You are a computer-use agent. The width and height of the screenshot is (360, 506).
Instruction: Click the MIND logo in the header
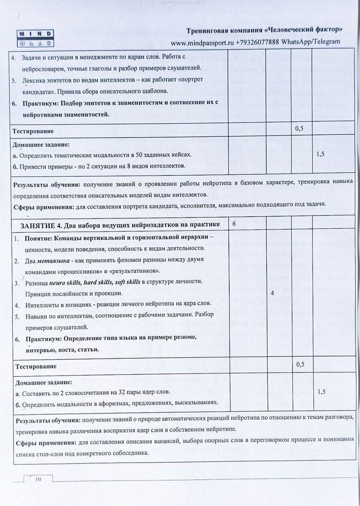coord(35,38)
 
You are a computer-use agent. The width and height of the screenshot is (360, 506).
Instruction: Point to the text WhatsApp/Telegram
coord(311,42)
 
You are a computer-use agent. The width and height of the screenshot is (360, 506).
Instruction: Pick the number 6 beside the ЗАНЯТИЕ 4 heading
coord(234,224)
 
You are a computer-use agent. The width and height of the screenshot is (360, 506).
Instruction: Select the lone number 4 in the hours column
coord(272,293)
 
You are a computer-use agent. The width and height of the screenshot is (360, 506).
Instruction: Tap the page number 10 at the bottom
coord(38,479)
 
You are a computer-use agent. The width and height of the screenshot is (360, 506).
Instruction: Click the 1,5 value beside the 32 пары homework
coord(321,392)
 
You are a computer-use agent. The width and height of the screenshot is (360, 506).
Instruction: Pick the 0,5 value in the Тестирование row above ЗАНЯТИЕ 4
coord(299,128)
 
